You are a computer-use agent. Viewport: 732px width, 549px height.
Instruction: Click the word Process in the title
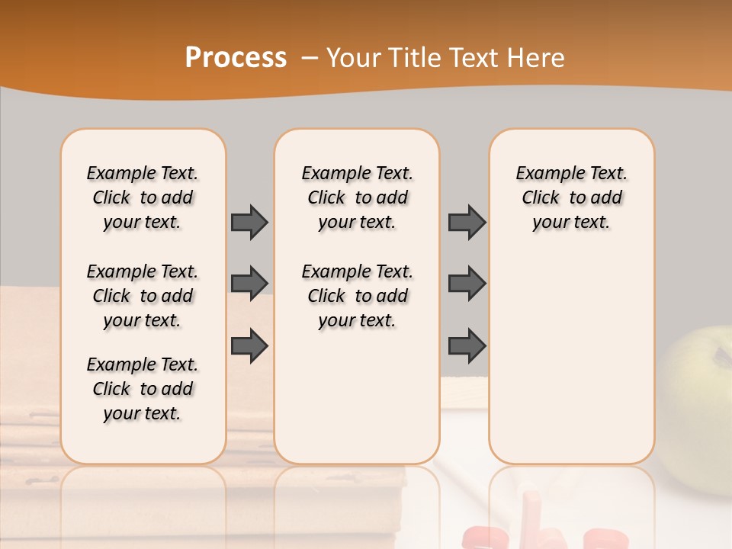point(236,58)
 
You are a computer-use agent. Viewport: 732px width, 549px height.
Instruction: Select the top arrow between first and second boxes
point(249,223)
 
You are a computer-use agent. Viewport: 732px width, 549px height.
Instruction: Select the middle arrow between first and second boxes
point(249,283)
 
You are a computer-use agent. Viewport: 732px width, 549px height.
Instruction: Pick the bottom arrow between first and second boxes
point(249,346)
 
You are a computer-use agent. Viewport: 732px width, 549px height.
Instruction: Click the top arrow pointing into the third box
point(467,223)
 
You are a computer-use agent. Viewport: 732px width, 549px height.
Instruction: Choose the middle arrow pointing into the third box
point(467,283)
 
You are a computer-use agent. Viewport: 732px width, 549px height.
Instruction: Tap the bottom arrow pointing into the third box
point(467,346)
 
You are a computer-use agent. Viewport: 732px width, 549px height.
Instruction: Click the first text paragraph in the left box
point(143,197)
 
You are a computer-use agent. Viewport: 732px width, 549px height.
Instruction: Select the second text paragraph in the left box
point(143,296)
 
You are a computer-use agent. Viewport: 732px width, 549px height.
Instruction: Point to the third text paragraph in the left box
point(143,389)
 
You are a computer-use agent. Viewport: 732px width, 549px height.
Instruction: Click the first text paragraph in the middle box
point(357,197)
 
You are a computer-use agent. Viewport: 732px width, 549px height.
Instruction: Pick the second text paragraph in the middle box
point(357,296)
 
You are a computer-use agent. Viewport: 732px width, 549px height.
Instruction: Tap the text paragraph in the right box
point(571,197)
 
